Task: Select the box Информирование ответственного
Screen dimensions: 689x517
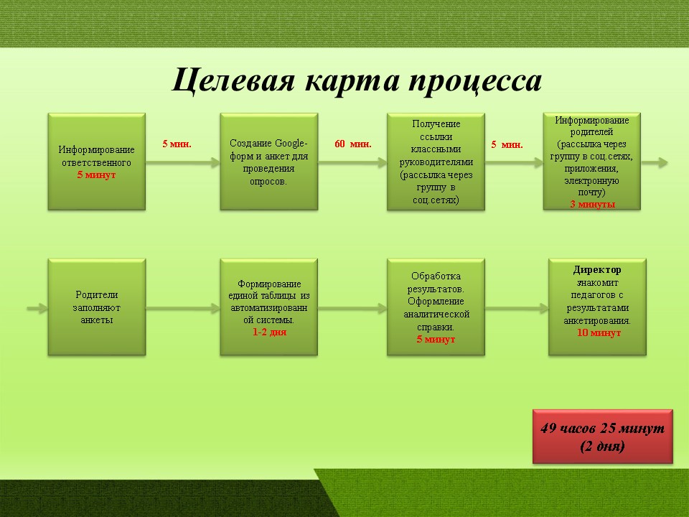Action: [97, 162]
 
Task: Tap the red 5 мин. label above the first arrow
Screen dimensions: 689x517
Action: [177, 144]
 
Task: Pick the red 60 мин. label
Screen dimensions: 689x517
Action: [353, 144]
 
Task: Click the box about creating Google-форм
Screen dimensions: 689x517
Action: [269, 162]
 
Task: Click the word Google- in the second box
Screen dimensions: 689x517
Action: [291, 144]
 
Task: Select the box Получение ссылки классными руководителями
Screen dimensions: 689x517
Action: [436, 162]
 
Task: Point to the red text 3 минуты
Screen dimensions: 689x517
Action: [592, 204]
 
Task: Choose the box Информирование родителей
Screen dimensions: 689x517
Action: [592, 161]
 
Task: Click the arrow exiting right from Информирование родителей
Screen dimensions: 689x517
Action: [655, 163]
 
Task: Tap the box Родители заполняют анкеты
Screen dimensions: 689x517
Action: [97, 307]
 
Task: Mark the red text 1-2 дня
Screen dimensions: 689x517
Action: [269, 332]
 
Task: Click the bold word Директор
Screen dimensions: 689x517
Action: [597, 269]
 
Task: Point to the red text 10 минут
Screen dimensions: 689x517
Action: [599, 332]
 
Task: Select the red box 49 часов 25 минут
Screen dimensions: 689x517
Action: [602, 437]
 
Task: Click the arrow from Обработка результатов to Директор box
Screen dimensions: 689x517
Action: [517, 308]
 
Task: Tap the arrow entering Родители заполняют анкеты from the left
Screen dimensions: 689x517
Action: [37, 308]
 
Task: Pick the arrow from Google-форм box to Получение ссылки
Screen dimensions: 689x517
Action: [352, 163]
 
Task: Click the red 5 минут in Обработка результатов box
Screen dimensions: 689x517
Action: [436, 340]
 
